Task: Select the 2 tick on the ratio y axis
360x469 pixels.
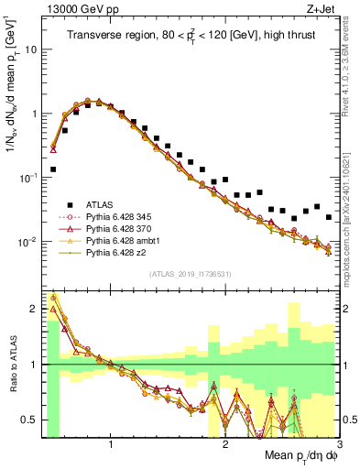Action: (x=35, y=309)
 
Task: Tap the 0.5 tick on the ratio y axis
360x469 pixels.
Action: (x=31, y=420)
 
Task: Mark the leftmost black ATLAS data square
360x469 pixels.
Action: (x=53, y=169)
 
